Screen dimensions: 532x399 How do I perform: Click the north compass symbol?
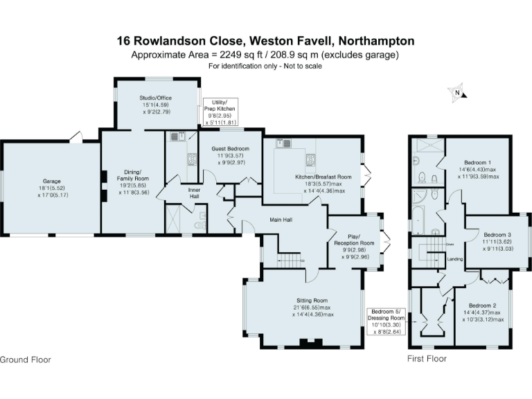(x=457, y=92)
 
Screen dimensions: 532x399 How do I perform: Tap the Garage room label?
(x=51, y=181)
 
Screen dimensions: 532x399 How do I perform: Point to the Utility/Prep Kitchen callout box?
(x=220, y=112)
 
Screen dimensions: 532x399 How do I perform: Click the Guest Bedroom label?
(x=231, y=149)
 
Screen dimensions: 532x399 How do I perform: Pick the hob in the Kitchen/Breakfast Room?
(x=310, y=159)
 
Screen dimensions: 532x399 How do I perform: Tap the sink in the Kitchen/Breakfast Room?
(x=283, y=143)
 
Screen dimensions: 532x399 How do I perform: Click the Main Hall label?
(x=281, y=220)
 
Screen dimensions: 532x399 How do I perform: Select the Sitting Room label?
(x=312, y=300)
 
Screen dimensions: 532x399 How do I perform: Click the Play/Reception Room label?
(x=354, y=240)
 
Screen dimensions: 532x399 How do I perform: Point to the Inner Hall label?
(x=194, y=193)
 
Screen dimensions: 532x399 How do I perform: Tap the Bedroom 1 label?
(x=477, y=163)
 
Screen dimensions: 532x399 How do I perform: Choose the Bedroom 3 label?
(x=497, y=235)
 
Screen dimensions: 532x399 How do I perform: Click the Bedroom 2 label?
(x=482, y=305)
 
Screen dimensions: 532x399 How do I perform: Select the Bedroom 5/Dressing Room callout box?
(x=387, y=321)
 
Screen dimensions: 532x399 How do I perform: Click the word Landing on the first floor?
(x=455, y=259)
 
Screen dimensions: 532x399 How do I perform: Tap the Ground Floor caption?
(x=26, y=360)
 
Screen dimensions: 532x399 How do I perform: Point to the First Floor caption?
(x=427, y=359)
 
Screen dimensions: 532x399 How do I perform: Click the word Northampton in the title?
(x=377, y=41)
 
